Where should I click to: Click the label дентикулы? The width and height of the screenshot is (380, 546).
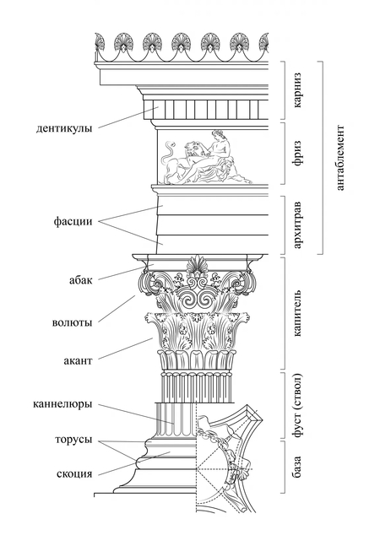[64, 128]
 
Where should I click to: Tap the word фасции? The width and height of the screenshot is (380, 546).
[73, 221]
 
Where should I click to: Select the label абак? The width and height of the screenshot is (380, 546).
[81, 279]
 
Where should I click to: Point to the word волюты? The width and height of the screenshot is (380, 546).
[73, 322]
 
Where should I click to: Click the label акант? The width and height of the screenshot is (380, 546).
[79, 360]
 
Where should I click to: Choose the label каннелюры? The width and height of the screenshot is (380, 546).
[63, 404]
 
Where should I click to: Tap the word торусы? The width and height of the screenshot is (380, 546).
[73, 440]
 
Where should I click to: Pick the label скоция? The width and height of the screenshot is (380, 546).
[74, 474]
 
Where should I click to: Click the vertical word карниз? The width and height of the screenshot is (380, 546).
[297, 90]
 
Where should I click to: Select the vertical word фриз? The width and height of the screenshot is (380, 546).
[297, 154]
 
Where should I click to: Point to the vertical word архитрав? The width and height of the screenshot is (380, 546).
[297, 225]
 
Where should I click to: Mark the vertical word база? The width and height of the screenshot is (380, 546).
[297, 467]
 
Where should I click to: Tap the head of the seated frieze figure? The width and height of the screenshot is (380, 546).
[219, 133]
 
